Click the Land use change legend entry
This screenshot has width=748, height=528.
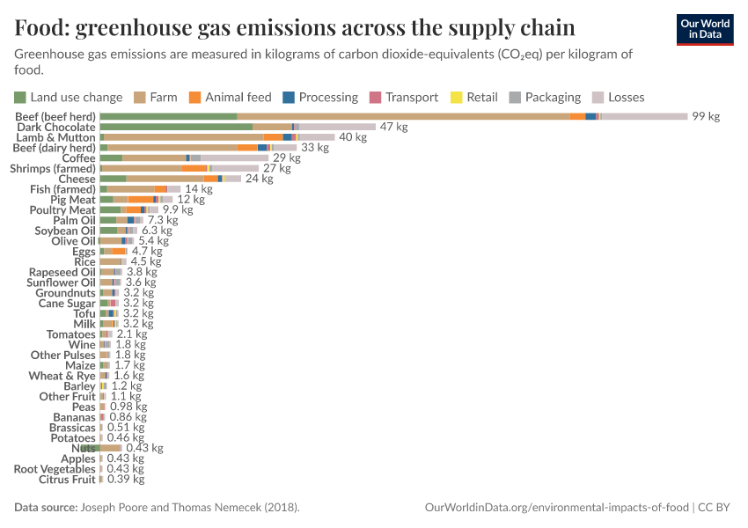68,97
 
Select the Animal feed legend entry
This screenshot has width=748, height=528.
231,97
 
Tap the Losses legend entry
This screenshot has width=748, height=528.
619,97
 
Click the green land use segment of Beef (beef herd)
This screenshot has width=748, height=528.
168,116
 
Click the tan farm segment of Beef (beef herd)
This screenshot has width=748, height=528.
403,116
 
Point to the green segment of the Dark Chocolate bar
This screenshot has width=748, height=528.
176,127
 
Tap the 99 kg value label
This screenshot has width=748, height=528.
705,116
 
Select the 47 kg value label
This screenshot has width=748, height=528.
393,127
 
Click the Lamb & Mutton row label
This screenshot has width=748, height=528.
55,137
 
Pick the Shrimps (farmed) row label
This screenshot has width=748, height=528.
52,168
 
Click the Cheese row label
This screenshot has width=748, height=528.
77,179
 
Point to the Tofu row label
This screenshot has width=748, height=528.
84,313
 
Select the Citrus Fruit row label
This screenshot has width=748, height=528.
67,480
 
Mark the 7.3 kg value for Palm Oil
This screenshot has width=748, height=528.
163,220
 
